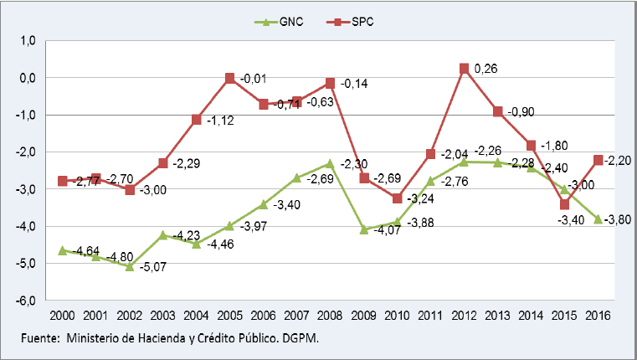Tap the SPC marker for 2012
coord(463,68)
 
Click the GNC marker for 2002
coord(128,267)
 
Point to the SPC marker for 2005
coord(229,78)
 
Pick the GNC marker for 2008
coord(330,163)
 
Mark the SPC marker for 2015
coord(565,204)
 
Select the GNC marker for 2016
coord(598,219)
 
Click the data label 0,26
coord(485,68)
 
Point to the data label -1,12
coord(220,120)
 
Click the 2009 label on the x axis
coord(363,316)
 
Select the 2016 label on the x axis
coord(598,316)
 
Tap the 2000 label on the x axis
coord(61,316)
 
